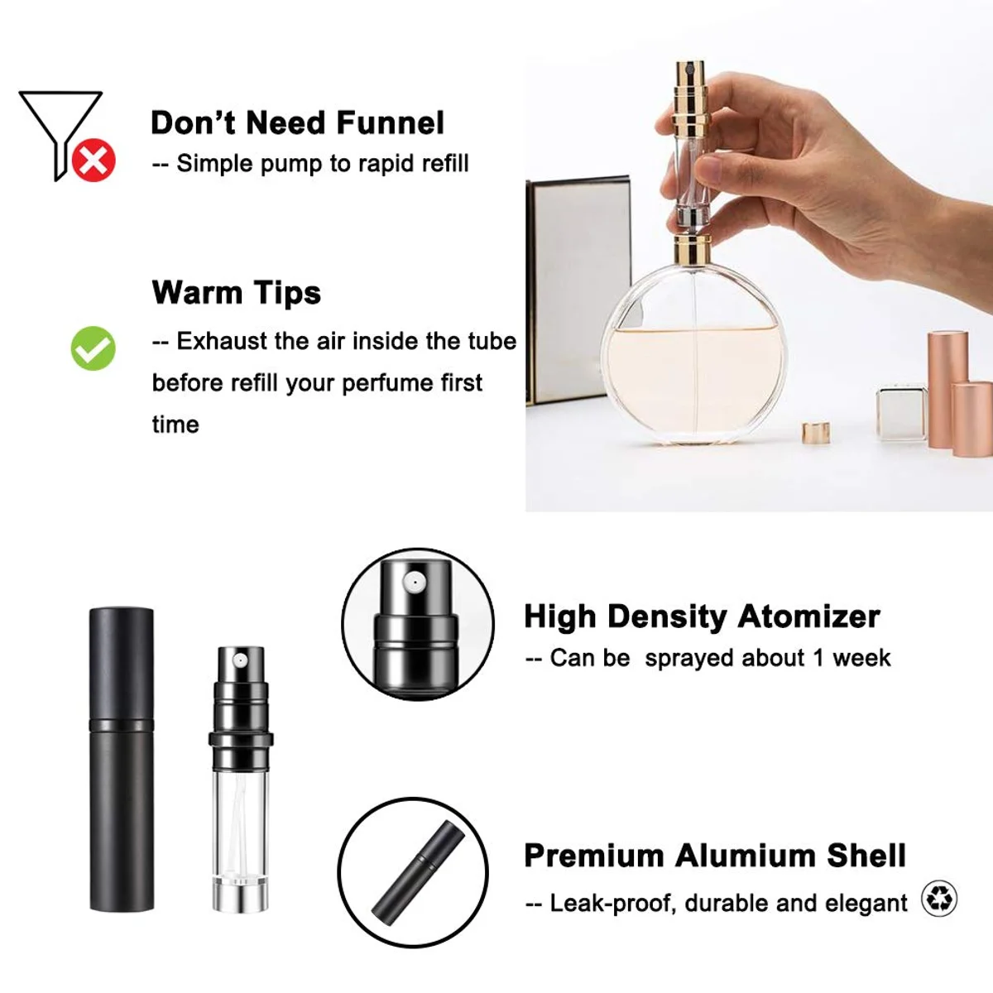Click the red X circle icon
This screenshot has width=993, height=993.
tap(94, 161)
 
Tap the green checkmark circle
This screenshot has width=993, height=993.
tap(94, 348)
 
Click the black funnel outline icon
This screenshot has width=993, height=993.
tap(60, 135)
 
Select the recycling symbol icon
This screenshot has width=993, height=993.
tap(939, 899)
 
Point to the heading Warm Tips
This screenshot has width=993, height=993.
tap(236, 293)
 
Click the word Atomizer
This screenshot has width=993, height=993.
tap(808, 616)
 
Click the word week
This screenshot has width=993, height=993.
tap(861, 658)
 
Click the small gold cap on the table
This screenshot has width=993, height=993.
tap(816, 433)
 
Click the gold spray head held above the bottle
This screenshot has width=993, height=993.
tap(690, 96)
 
